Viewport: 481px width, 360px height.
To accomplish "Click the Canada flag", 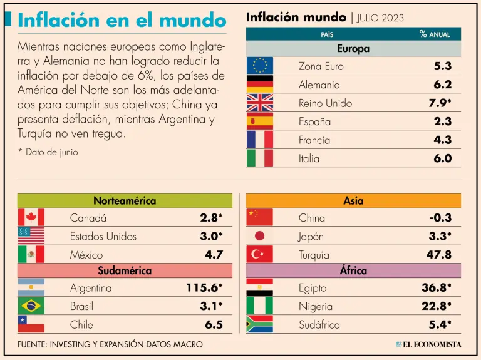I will pyautogui.click(x=31, y=218).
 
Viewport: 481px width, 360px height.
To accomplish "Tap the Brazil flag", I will pyautogui.click(x=31, y=306).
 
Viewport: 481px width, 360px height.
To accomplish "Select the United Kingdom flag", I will pyautogui.click(x=259, y=103).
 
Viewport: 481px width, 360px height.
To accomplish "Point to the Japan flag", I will pyautogui.click(x=259, y=236).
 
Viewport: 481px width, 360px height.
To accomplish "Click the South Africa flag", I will pyautogui.click(x=259, y=324).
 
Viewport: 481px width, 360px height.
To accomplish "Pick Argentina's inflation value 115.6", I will pyautogui.click(x=204, y=288).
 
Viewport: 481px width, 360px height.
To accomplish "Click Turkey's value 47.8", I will pyautogui.click(x=439, y=254).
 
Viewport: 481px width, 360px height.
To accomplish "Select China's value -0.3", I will pyautogui.click(x=440, y=218).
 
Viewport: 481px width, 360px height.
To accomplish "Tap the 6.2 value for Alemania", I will pyautogui.click(x=442, y=85).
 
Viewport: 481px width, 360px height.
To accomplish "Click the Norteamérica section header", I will pyautogui.click(x=125, y=201).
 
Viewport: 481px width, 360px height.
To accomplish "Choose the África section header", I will pyautogui.click(x=353, y=271).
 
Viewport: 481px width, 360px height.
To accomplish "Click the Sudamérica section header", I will pyautogui.click(x=125, y=271).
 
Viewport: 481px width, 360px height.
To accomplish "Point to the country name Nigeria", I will pyautogui.click(x=316, y=306).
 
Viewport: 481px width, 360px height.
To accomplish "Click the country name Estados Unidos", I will pyautogui.click(x=103, y=236).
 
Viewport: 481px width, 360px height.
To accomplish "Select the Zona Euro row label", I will pyautogui.click(x=321, y=66).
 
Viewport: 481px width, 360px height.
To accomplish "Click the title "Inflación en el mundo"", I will pyautogui.click(x=122, y=19).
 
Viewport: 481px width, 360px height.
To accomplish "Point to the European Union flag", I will pyautogui.click(x=259, y=66).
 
